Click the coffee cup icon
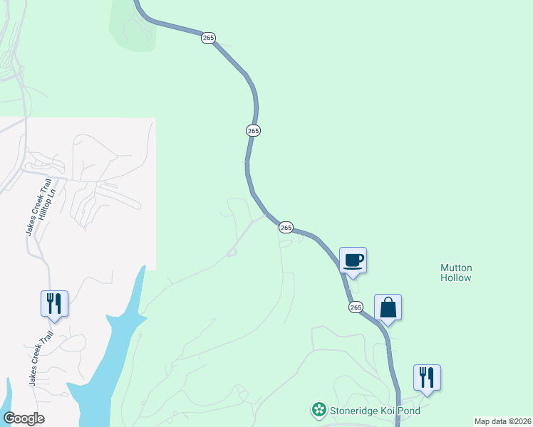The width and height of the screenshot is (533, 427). tap(353, 260)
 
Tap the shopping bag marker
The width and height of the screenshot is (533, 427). tap(388, 308)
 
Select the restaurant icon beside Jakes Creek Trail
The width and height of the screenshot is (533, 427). tap(54, 304)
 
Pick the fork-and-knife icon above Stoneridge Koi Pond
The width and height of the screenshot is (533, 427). tap(427, 378)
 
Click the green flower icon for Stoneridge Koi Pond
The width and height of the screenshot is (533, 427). tap(318, 410)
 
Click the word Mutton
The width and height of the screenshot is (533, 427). tap(456, 268)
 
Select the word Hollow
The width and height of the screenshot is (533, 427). tap(456, 278)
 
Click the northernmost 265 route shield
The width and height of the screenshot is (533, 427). tap(207, 38)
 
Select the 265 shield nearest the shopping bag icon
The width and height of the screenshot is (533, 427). tap(356, 307)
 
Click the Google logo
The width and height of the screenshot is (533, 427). tap(24, 418)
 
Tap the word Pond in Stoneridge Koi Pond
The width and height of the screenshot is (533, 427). tap(410, 411)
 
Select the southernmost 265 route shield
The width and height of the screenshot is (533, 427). tap(356, 307)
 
